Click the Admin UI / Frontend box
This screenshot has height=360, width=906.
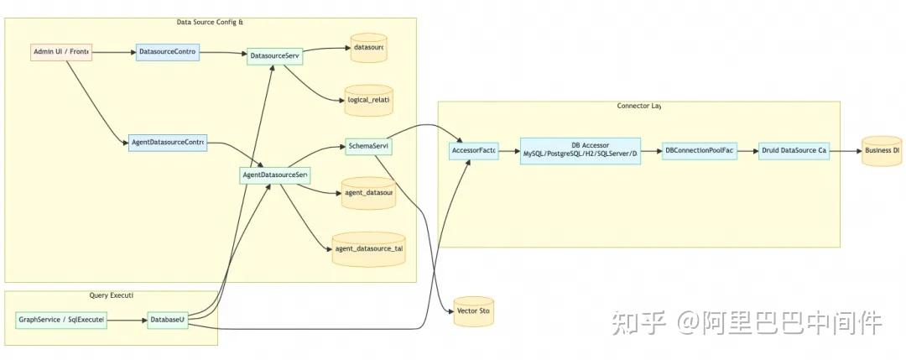pos(60,52)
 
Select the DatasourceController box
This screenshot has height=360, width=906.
pos(168,52)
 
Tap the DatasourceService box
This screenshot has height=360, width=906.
pos(273,56)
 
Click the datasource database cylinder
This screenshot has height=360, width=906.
pos(368,49)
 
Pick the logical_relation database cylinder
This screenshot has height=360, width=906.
pos(368,100)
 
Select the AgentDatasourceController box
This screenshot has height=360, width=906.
pos(167,142)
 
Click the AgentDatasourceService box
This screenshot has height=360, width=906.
pos(274,175)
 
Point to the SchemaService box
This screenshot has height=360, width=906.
pos(368,147)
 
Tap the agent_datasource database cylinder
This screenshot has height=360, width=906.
pos(368,193)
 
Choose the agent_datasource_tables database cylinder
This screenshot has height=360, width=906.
pos(368,249)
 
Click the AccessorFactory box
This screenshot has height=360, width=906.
pos(473,151)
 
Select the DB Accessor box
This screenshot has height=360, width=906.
pos(581,151)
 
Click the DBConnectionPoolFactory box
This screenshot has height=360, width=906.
pos(698,151)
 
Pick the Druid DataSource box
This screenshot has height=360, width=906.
pos(793,151)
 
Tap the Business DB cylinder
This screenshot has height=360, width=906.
pos(882,151)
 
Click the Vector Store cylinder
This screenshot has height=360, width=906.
pos(473,311)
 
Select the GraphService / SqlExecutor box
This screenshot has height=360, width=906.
pos(61,321)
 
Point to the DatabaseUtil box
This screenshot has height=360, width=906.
pos(166,321)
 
